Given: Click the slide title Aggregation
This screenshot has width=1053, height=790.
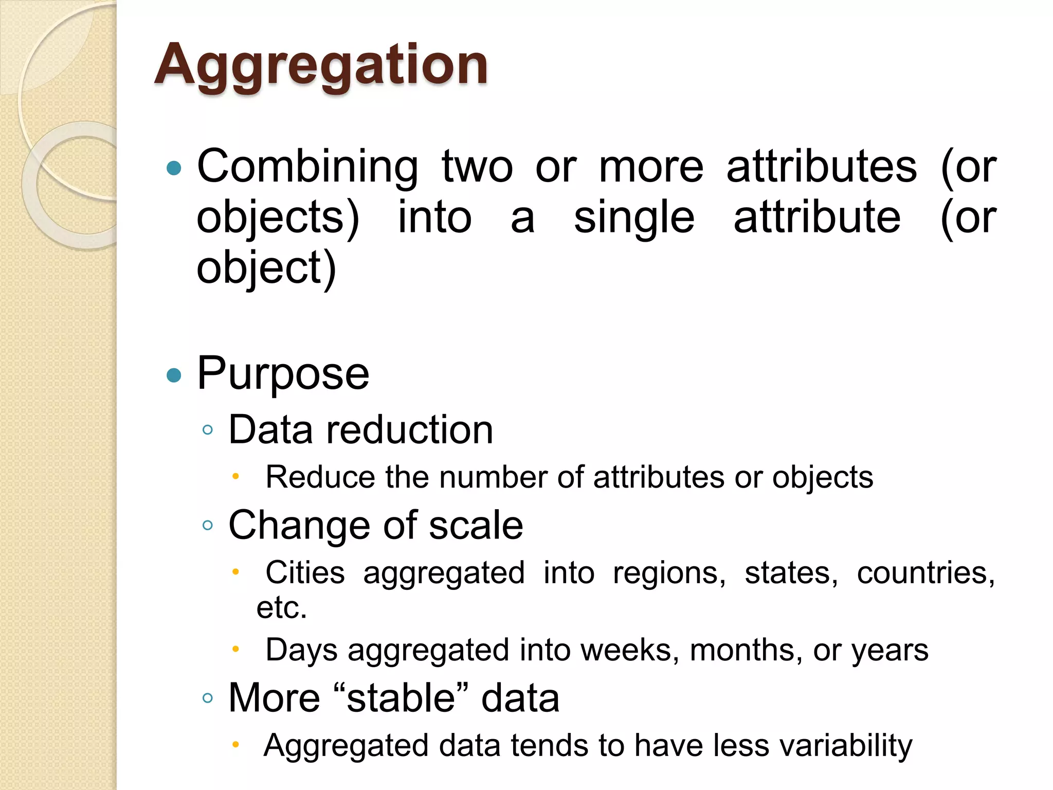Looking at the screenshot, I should click(x=321, y=65).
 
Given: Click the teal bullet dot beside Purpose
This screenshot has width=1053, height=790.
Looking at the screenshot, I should click(x=174, y=375).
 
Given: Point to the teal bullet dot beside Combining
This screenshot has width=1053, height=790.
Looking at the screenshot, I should click(x=174, y=168).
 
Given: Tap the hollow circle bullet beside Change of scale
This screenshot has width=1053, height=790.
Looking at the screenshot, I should click(x=208, y=526).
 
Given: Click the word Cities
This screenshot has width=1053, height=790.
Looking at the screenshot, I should click(x=305, y=572).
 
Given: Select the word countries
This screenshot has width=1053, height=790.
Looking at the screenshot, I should click(x=925, y=572).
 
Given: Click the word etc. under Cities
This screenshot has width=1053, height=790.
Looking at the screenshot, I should click(x=282, y=607).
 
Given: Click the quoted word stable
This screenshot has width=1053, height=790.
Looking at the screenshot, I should click(x=401, y=698).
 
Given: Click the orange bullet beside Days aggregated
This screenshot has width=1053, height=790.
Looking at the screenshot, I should click(x=235, y=649).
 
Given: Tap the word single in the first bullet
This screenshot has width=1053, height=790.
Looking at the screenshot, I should click(x=634, y=218).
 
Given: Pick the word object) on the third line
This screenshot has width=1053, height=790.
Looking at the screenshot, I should click(x=266, y=268).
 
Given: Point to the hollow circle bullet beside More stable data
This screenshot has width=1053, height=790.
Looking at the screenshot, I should click(x=208, y=698).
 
